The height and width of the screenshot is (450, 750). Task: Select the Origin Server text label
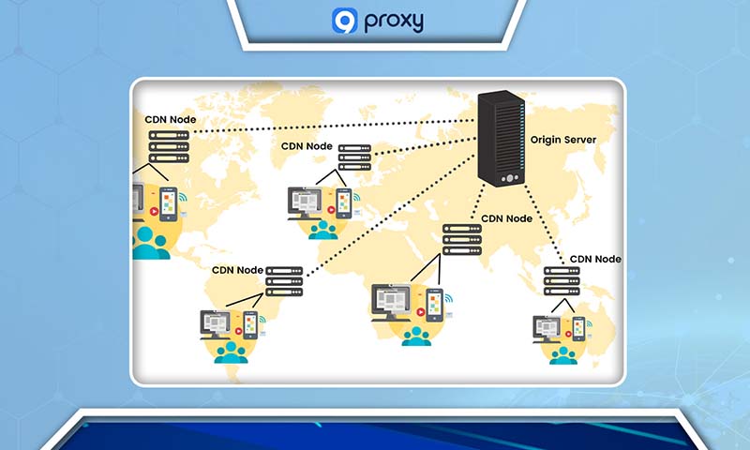pyautogui.click(x=562, y=140)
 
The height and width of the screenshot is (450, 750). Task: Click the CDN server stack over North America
pyautogui.click(x=169, y=146)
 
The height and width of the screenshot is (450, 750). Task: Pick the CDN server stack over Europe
pyautogui.click(x=354, y=157)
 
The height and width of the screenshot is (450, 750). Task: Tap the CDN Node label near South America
pyautogui.click(x=237, y=270)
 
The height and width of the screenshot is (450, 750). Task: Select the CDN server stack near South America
pyautogui.click(x=285, y=280)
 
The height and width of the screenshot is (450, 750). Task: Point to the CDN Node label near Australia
pyautogui.click(x=596, y=259)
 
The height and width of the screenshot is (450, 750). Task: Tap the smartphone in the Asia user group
pyautogui.click(x=434, y=304)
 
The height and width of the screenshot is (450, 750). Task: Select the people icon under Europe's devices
pyautogui.click(x=325, y=230)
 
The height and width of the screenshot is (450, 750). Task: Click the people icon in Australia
pyautogui.click(x=562, y=353)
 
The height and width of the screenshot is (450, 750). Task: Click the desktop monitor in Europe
pyautogui.click(x=307, y=201)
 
